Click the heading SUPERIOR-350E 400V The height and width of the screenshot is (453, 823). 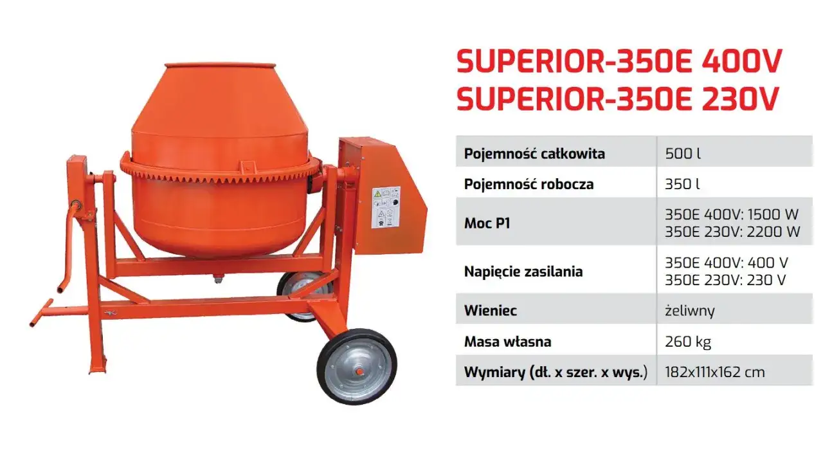[619, 62]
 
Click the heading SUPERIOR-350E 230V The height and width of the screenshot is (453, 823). [617, 100]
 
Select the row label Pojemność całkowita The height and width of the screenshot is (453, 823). [534, 154]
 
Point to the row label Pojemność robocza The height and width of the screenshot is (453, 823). [529, 184]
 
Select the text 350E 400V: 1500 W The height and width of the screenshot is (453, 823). [732, 215]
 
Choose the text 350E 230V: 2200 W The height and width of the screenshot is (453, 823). [732, 232]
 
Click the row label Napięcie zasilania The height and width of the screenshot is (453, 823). [523, 271]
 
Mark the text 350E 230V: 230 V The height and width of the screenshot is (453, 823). [726, 280]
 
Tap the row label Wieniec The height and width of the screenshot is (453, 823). [490, 311]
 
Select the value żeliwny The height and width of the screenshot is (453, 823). [690, 311]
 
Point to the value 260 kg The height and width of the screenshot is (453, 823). [688, 341]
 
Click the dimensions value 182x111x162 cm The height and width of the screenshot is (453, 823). [715, 372]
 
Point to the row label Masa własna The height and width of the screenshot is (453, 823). [508, 341]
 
